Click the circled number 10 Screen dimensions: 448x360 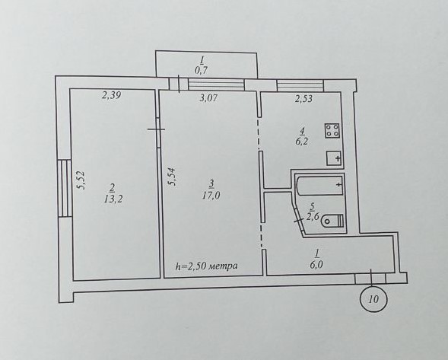[x=373, y=299]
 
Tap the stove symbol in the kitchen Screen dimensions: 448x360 [x=332, y=131]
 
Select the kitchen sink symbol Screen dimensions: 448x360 [x=334, y=158]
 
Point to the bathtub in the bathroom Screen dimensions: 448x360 [x=319, y=186]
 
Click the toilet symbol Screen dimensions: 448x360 [x=332, y=221]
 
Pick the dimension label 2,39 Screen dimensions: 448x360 [x=111, y=95]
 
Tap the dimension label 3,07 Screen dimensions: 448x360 [x=208, y=98]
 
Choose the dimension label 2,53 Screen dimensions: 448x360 [x=303, y=99]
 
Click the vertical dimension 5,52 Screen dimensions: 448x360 [x=81, y=180]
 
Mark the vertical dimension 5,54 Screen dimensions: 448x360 [x=173, y=177]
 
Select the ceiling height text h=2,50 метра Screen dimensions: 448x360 [x=206, y=266]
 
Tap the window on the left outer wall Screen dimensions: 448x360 [x=64, y=188]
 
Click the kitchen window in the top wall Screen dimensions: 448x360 [x=300, y=85]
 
